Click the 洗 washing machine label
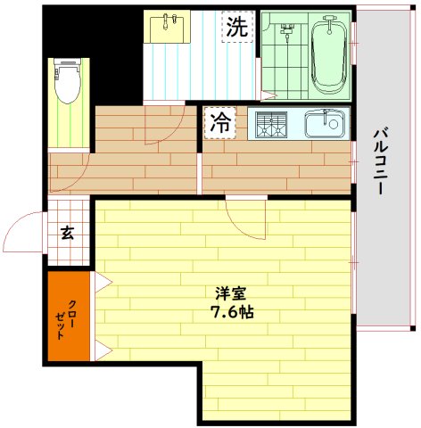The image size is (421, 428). (x=235, y=27)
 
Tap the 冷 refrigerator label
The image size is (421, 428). (x=219, y=124)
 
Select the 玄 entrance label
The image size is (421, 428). (x=68, y=234)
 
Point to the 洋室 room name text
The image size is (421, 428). (x=230, y=292)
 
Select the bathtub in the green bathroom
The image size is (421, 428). (x=329, y=54)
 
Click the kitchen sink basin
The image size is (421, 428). (x=324, y=123)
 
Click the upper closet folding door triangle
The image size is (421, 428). (x=100, y=284)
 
